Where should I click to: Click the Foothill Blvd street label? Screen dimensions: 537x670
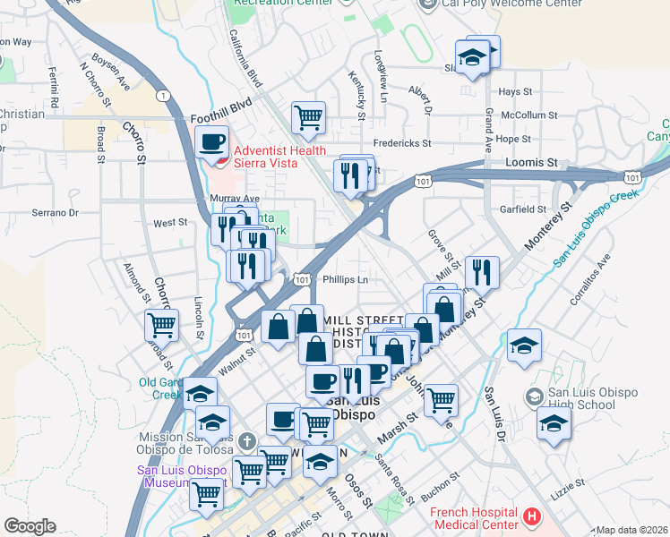(219, 116)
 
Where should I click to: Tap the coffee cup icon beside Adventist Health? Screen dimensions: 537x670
(212, 143)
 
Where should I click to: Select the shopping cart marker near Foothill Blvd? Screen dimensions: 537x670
(308, 118)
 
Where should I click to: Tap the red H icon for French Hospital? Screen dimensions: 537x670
(532, 516)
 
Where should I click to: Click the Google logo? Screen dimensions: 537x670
(30, 526)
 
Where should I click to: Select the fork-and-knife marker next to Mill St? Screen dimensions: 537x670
(483, 270)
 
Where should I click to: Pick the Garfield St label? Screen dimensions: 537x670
(524, 209)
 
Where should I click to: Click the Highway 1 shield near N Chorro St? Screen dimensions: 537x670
(163, 95)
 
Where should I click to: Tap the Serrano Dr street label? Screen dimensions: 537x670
(56, 213)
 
